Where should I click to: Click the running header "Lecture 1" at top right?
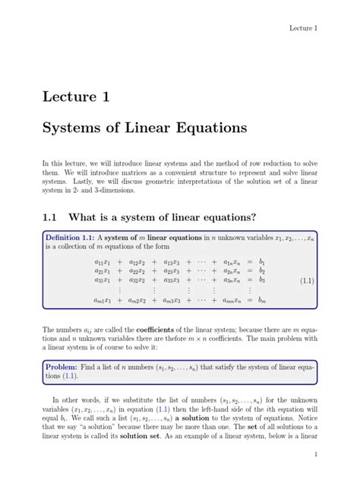pyautogui.click(x=302, y=28)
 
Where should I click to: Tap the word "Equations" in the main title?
pyautogui.click(x=205, y=128)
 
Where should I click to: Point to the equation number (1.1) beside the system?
pyautogui.click(x=305, y=280)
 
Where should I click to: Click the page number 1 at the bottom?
pyautogui.click(x=314, y=453)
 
